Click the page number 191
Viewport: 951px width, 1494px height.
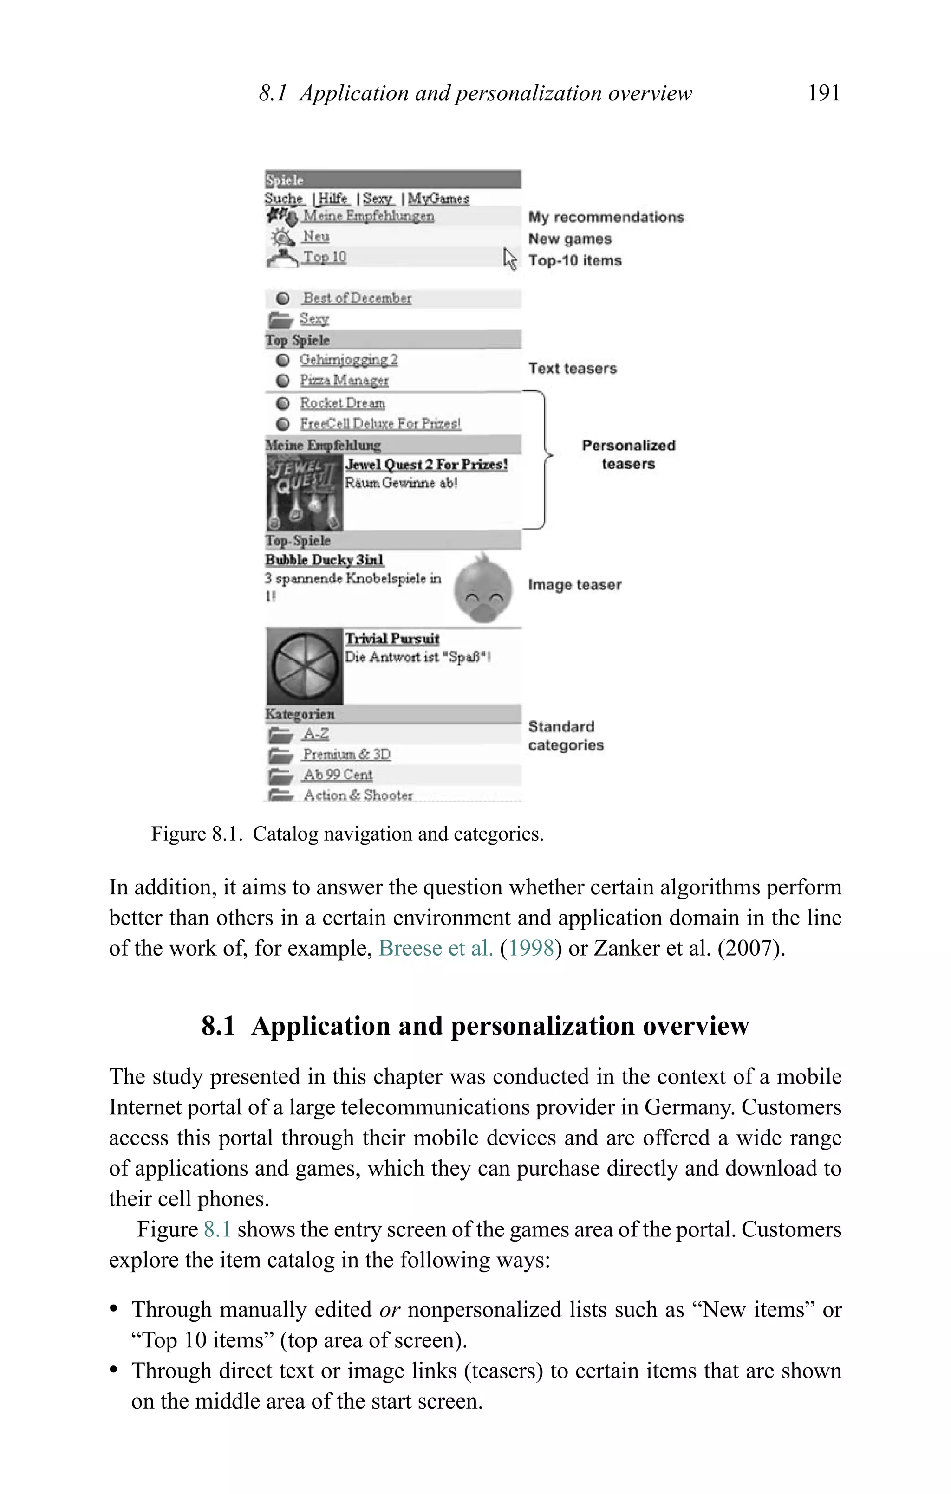pos(823,93)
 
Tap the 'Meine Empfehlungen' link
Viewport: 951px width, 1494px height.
pos(368,216)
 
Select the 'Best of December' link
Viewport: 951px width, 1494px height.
pos(357,298)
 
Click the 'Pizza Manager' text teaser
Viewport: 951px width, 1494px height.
pos(344,380)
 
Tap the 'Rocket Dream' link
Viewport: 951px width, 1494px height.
pos(342,403)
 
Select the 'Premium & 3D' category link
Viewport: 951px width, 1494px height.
pos(346,755)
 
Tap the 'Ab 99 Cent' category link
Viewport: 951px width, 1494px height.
pos(337,775)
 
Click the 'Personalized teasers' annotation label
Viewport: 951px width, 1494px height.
pos(628,455)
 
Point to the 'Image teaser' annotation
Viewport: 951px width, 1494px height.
pos(574,585)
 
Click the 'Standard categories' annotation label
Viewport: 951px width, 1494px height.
pos(566,736)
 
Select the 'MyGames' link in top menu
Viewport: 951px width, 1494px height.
pos(438,199)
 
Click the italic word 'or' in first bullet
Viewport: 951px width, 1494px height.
pos(389,1310)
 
